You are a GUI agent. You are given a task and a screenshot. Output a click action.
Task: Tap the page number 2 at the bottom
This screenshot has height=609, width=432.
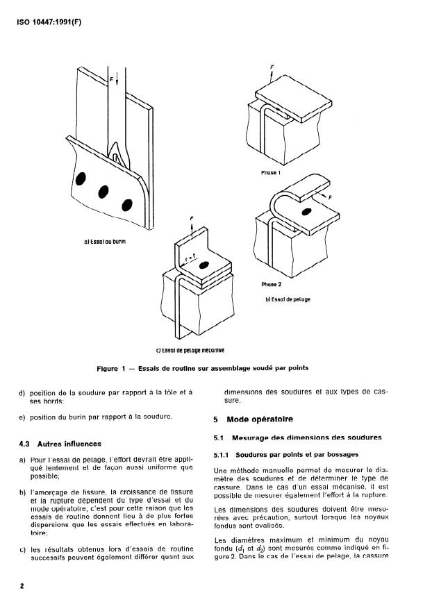(x=22, y=586)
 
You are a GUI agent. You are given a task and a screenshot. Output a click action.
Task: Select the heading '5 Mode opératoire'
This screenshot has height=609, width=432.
(x=249, y=419)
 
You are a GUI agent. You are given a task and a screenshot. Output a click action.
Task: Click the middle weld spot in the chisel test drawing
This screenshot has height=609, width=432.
(x=105, y=190)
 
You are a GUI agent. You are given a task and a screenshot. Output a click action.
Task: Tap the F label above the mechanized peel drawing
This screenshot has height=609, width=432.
(x=191, y=217)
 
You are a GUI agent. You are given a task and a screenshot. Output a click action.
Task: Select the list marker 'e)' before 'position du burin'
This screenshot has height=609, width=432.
(x=22, y=416)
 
